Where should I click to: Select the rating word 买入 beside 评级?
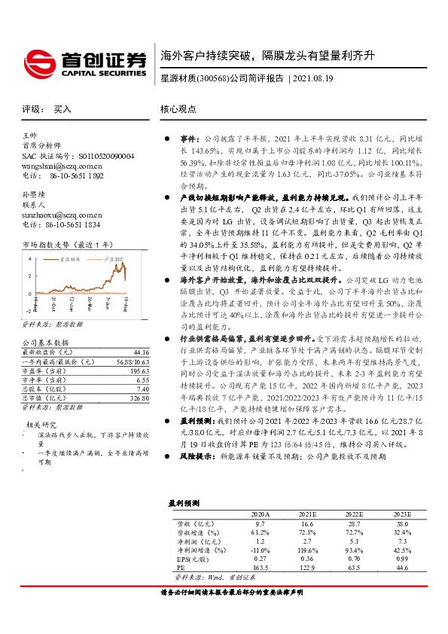pyautogui.click(x=62, y=109)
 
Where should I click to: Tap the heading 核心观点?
pyautogui.click(x=178, y=109)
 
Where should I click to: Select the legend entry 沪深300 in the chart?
pyautogui.click(x=108, y=258)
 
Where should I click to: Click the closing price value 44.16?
pyautogui.click(x=140, y=352)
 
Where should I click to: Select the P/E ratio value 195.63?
pyautogui.click(x=139, y=370)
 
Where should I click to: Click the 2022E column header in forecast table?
pyautogui.click(x=353, y=513)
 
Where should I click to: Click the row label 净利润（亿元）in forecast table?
pyautogui.click(x=194, y=540)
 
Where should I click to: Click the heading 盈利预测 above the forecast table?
pyautogui.click(x=183, y=501)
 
